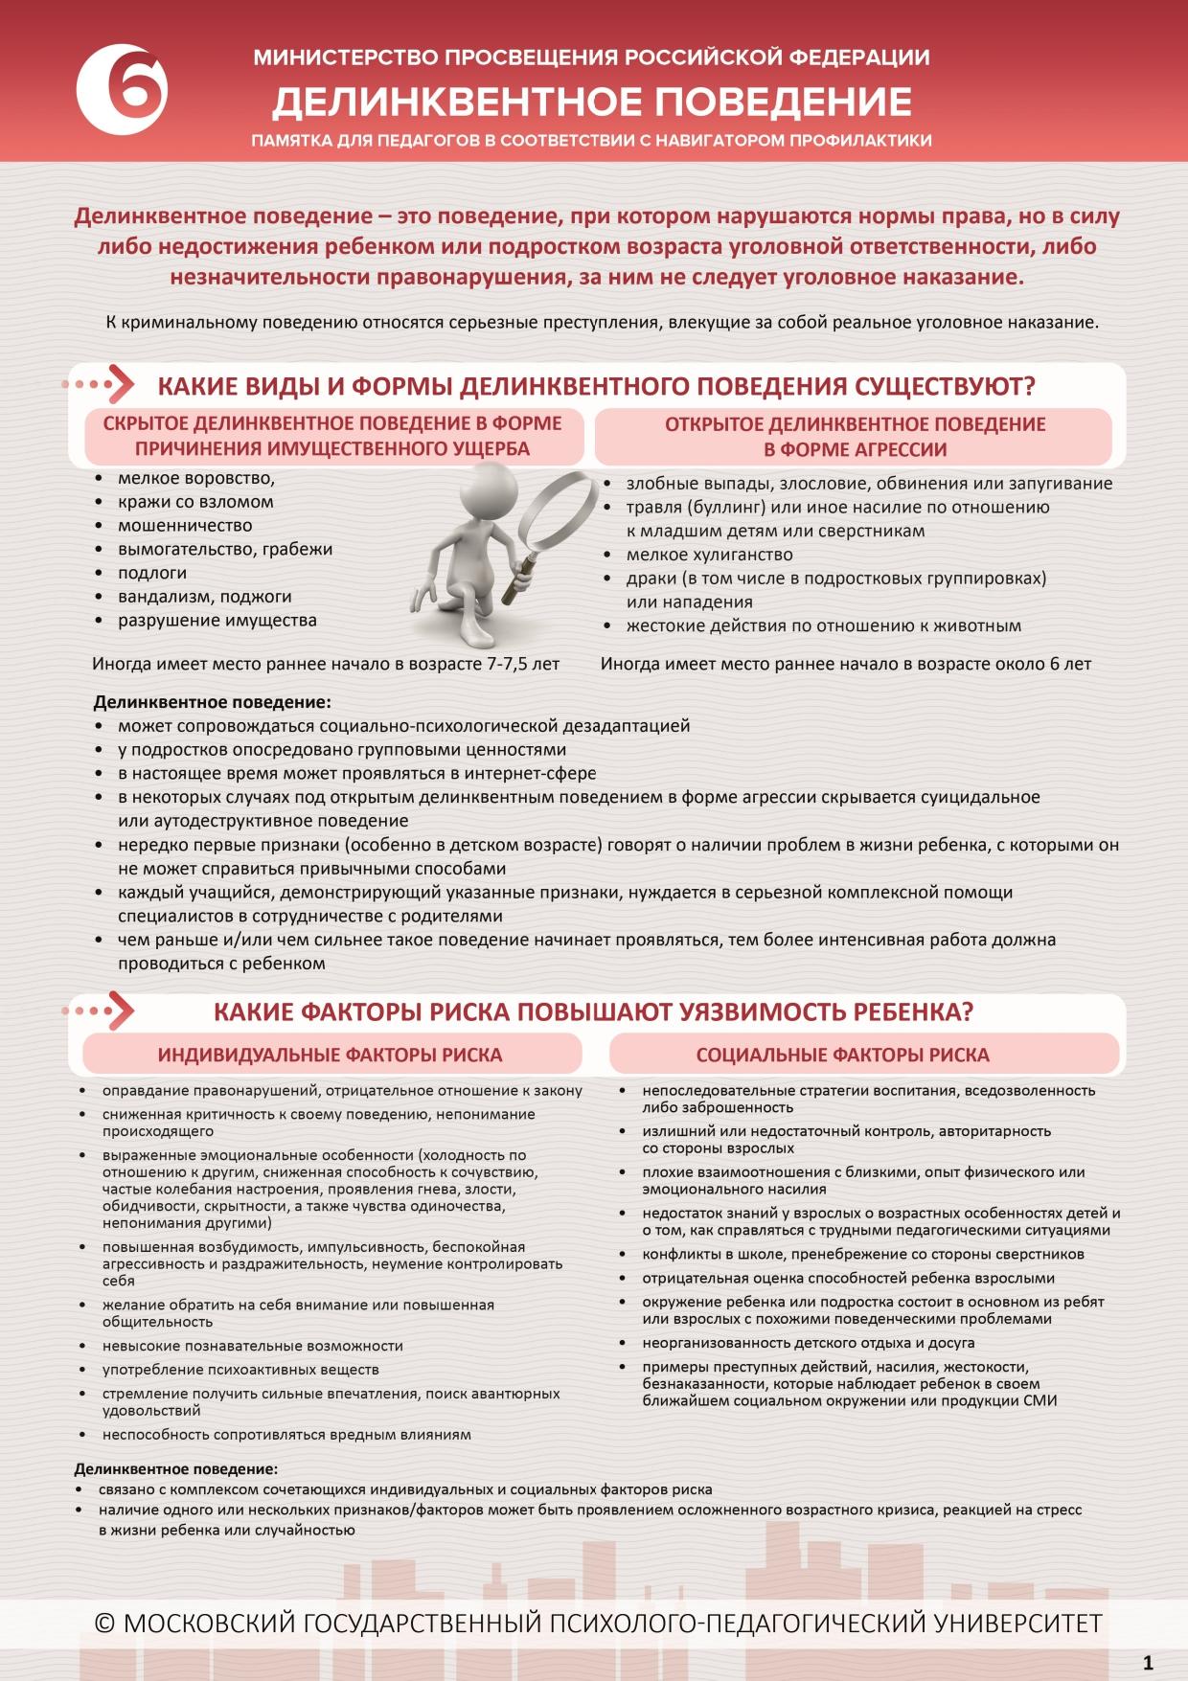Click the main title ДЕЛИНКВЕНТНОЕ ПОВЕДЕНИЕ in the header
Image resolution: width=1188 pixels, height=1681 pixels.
[592, 101]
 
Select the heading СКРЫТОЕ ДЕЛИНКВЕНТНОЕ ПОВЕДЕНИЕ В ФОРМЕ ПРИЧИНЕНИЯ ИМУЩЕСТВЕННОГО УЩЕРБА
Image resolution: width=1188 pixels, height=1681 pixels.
[331, 436]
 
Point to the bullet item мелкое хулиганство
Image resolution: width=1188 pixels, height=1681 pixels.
[709, 555]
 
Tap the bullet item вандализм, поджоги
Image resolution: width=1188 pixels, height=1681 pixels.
[204, 597]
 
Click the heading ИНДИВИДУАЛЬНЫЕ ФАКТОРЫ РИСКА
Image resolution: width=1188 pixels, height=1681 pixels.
[330, 1055]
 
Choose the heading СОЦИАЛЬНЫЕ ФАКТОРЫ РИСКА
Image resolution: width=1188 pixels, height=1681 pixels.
[842, 1055]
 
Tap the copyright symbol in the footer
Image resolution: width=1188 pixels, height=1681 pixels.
[105, 1623]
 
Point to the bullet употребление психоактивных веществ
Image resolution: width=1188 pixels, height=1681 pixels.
[240, 1370]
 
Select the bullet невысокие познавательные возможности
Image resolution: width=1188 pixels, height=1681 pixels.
[253, 1346]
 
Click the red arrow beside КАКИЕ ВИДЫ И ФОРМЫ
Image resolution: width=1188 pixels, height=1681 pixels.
[120, 385]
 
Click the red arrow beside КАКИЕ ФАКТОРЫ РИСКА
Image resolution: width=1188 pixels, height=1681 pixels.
[120, 1011]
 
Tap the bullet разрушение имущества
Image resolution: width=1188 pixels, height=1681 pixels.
[217, 621]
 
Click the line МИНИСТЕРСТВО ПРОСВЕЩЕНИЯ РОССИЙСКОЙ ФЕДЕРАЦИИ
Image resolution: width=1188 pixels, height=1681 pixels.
[591, 57]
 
